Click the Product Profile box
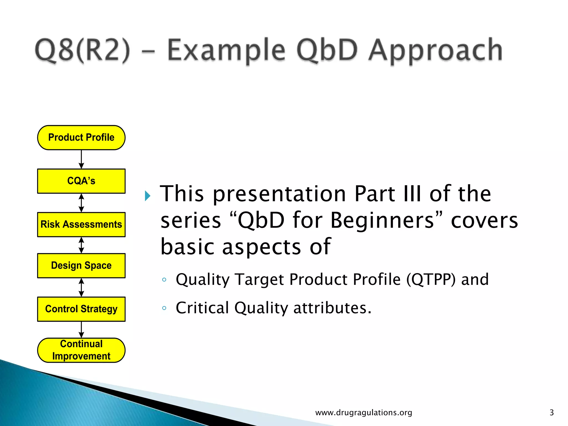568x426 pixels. click(x=81, y=138)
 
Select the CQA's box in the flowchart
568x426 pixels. click(x=81, y=181)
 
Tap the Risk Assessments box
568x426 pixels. click(x=81, y=224)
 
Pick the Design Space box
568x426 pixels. click(x=81, y=265)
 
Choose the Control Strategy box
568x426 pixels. click(x=81, y=309)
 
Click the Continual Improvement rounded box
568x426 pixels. click(x=81, y=350)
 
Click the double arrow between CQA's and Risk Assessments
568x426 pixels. click(x=81, y=203)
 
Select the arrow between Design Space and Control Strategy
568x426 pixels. click(x=81, y=287)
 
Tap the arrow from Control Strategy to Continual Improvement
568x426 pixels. click(x=81, y=329)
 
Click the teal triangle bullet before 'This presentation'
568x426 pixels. click(x=148, y=196)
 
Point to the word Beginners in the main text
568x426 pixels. click(x=382, y=220)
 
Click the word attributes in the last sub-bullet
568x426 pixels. click(x=332, y=308)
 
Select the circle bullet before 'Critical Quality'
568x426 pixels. click(x=164, y=308)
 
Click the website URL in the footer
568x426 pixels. click(x=364, y=412)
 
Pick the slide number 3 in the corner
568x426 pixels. click(x=551, y=412)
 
